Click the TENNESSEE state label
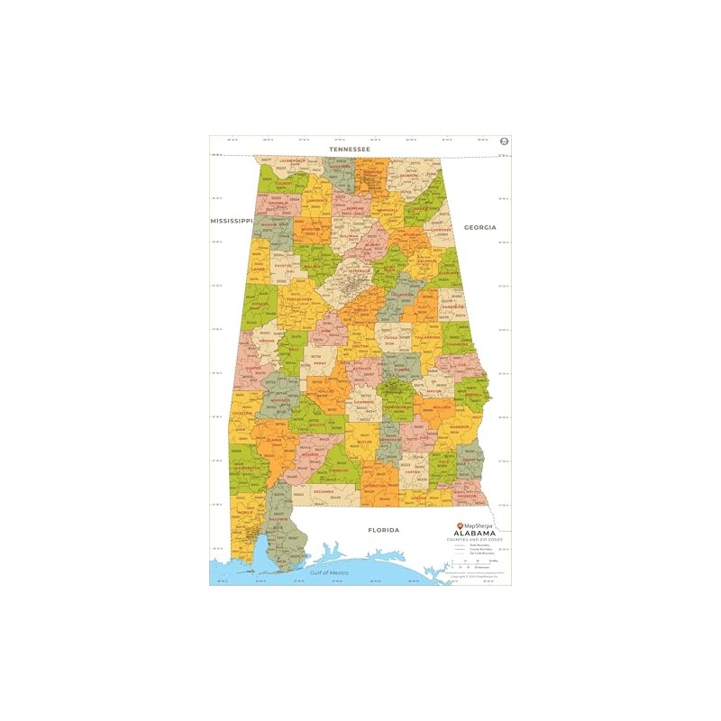coord(350,149)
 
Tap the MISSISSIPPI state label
coord(230,220)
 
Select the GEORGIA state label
coord(480,227)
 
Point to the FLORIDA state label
coord(383,530)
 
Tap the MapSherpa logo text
coord(478,525)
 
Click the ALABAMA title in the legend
coord(474,533)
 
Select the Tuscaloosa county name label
coord(299,299)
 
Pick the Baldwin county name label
coord(278,519)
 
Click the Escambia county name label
coord(323,491)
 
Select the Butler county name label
coord(364,443)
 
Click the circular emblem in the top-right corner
coord(504,141)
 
